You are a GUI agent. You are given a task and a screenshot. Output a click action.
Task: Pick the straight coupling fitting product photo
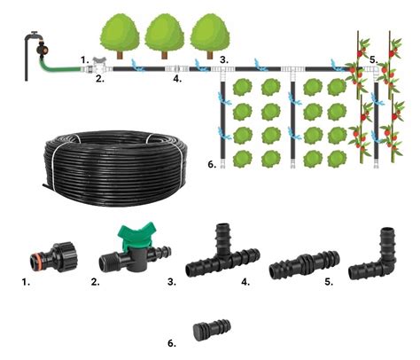pos(305,265)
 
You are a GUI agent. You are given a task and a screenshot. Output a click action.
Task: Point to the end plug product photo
pos(212,330)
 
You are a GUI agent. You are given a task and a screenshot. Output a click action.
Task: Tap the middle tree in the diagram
pos(164,36)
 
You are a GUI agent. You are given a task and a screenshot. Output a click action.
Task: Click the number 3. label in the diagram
pos(224,60)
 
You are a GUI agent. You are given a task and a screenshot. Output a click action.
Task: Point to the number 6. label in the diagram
pos(212,164)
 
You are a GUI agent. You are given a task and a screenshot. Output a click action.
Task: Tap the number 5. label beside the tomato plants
pos(374,60)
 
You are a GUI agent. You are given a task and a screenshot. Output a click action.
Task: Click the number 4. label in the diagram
pos(177,79)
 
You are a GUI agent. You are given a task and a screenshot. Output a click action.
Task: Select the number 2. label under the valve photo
pos(96,282)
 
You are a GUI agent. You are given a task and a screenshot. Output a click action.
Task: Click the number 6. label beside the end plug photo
pos(172,343)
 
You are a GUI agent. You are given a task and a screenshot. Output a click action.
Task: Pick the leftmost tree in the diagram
pos(120,36)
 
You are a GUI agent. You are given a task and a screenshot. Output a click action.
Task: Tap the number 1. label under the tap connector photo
pos(26,282)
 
